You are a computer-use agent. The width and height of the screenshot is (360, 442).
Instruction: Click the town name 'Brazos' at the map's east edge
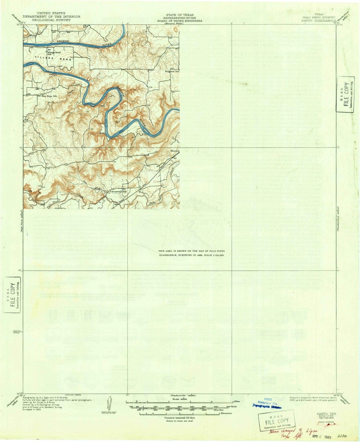(175, 151)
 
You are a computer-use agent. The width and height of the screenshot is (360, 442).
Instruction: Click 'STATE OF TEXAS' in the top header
(180, 15)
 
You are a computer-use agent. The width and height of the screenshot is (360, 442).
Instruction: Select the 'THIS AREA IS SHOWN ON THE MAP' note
(191, 251)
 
